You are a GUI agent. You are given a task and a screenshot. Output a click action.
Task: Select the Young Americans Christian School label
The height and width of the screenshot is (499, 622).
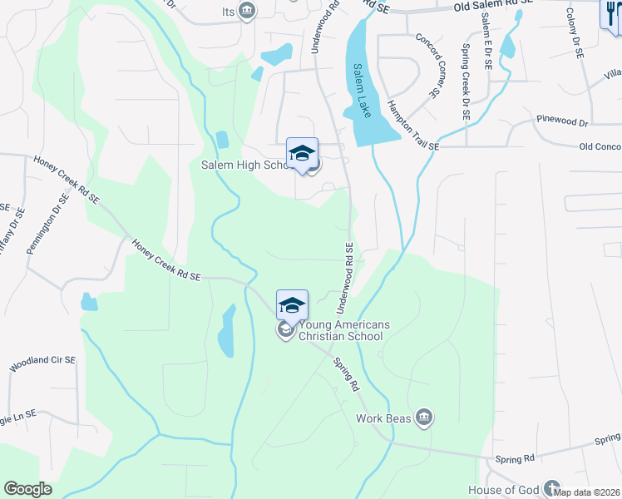click(x=340, y=331)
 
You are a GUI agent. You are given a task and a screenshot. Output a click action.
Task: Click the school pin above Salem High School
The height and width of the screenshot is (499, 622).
click(x=303, y=153)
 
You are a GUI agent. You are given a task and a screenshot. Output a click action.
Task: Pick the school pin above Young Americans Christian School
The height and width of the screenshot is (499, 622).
click(x=293, y=305)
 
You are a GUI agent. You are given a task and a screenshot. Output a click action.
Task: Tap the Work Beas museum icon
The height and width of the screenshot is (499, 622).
click(x=424, y=417)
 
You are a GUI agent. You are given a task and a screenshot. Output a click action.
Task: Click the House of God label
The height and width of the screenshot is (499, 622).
click(x=502, y=489)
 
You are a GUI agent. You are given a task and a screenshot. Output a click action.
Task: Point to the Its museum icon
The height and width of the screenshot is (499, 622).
click(x=246, y=10)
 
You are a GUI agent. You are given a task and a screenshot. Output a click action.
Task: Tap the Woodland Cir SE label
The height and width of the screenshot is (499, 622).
click(x=42, y=363)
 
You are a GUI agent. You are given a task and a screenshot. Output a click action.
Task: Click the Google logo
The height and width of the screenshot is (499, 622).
click(x=27, y=489)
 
